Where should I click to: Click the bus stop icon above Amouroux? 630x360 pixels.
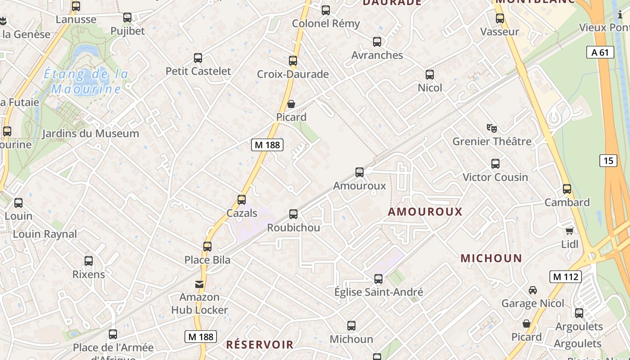[x=359, y=172]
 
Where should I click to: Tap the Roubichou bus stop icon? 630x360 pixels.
[x=293, y=214]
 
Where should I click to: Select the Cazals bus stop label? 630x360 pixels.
[x=242, y=213]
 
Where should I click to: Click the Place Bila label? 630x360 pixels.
[x=207, y=260]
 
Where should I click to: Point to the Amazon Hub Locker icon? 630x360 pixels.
[x=199, y=284]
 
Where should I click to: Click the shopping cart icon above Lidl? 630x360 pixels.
[x=569, y=231]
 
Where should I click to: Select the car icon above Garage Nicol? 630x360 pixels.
[x=533, y=290]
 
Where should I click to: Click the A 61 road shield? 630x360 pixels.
[x=600, y=52]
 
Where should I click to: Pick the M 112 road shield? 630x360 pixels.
[x=565, y=277]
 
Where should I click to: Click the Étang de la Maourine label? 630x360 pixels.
[x=86, y=81]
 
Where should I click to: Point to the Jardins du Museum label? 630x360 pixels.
[x=90, y=134]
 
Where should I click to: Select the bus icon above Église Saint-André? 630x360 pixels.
[x=378, y=279]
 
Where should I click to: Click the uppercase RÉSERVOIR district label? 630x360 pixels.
[x=260, y=345]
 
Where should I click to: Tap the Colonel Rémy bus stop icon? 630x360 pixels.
[x=325, y=10]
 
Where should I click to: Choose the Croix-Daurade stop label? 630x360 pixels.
[x=292, y=74]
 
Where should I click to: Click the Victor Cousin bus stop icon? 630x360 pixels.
[x=495, y=164]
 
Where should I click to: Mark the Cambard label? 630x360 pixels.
[x=567, y=202]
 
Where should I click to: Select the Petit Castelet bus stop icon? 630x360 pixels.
[x=198, y=58]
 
